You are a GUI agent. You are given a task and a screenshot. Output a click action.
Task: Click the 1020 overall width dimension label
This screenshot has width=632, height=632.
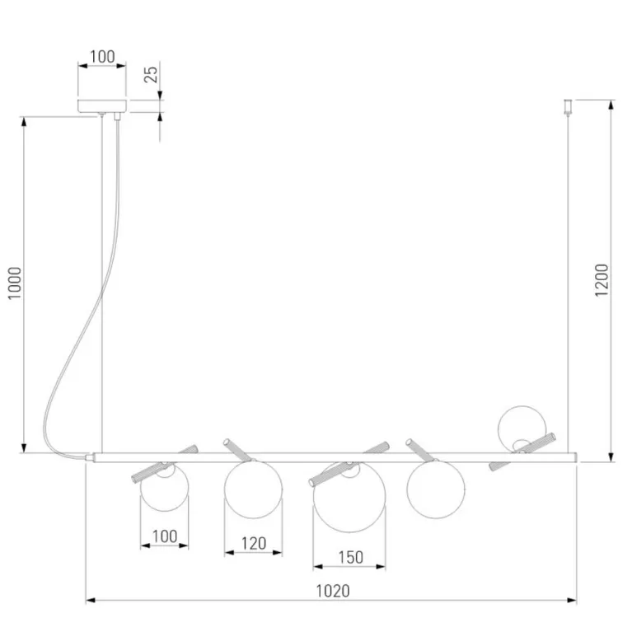(x=333, y=591)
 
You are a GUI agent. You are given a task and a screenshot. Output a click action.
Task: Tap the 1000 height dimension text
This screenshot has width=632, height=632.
(x=15, y=283)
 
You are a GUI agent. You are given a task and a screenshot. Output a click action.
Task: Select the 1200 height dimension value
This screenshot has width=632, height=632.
(x=602, y=280)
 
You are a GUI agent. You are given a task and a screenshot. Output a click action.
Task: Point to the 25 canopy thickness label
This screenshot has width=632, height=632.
(x=151, y=74)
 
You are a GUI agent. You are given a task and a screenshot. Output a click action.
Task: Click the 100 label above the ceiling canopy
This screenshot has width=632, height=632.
(x=102, y=56)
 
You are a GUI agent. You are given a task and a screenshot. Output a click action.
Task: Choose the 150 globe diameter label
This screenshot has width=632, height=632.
(x=350, y=558)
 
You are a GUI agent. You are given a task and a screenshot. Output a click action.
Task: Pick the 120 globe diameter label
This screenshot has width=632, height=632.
(x=254, y=543)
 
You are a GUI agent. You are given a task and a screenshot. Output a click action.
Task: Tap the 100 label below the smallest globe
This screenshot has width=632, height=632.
(x=165, y=536)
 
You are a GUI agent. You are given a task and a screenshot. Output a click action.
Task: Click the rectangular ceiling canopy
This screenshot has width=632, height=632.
(x=102, y=105)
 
